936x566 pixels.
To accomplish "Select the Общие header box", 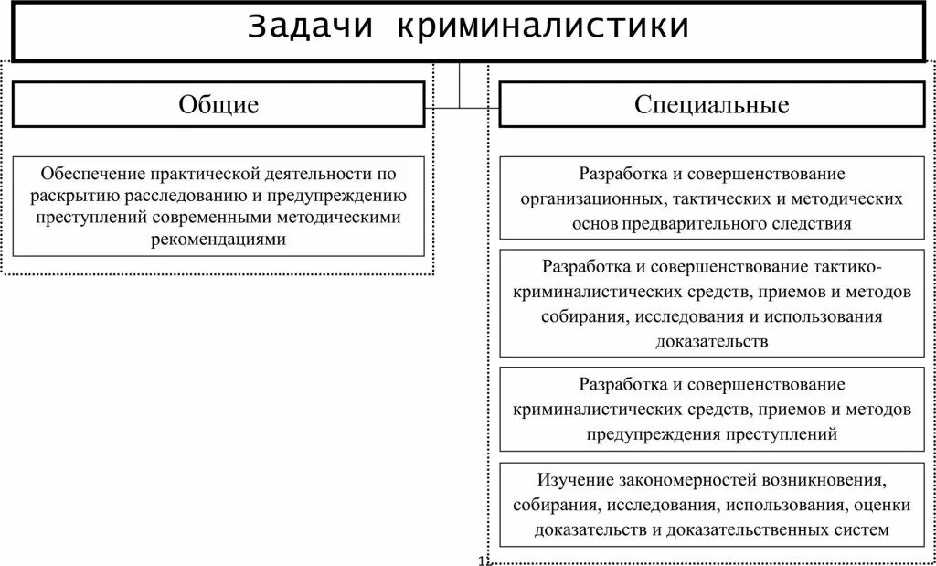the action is [218, 105].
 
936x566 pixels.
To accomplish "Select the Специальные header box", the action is [712, 105].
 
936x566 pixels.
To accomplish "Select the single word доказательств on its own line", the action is [711, 340].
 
